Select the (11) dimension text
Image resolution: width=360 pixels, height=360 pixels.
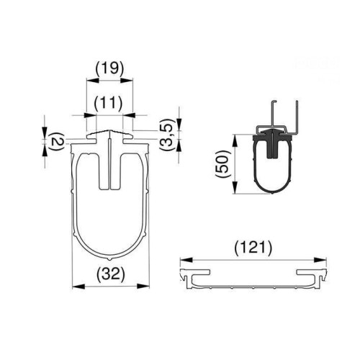point(109,102)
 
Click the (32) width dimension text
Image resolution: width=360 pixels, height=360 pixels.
point(112,274)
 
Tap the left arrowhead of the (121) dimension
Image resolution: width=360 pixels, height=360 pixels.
point(183,259)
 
